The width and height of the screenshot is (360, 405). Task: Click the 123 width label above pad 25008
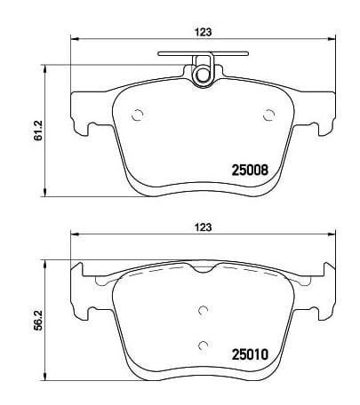[204, 32]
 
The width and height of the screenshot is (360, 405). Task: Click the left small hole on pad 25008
[136, 114]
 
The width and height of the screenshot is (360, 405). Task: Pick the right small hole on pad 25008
[270, 114]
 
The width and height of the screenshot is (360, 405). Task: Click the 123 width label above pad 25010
[204, 228]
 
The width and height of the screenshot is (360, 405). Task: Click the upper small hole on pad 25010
[204, 309]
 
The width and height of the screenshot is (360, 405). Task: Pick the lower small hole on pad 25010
[204, 345]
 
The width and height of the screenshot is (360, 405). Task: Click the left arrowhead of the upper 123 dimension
[75, 40]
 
